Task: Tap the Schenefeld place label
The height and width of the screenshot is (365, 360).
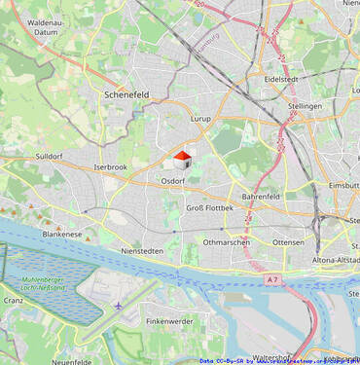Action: (126, 94)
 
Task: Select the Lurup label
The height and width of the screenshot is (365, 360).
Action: (200, 119)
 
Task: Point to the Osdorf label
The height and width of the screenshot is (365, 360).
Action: (172, 181)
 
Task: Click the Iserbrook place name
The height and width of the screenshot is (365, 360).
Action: (110, 167)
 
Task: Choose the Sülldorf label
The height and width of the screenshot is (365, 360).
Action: (49, 156)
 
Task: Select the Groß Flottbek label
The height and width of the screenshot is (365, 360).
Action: (208, 207)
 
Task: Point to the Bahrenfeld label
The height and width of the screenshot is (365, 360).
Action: (261, 196)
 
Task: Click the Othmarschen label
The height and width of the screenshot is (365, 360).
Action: (227, 242)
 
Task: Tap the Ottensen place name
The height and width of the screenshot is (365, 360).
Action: (288, 242)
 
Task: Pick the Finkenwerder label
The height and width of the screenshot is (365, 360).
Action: (169, 321)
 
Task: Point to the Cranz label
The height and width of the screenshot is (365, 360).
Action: (14, 301)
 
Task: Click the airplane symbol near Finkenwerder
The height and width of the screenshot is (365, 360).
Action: (120, 307)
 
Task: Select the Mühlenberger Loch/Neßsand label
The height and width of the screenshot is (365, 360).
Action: (42, 284)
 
